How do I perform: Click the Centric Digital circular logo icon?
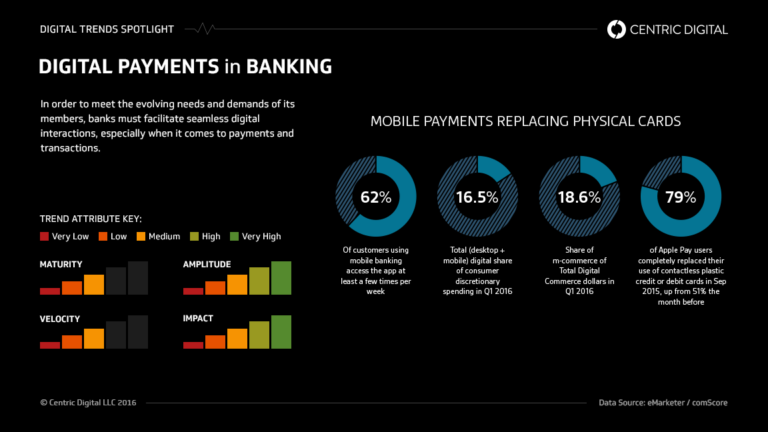tap(617, 29)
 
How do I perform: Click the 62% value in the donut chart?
tap(376, 197)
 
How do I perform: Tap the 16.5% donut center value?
tap(477, 197)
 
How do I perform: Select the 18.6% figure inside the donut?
tap(579, 197)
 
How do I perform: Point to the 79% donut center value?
tap(681, 197)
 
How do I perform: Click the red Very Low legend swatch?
tap(45, 236)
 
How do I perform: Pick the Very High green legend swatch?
tap(234, 236)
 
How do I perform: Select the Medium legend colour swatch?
tap(141, 236)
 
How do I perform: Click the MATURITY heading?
tap(61, 265)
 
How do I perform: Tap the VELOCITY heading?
tap(60, 319)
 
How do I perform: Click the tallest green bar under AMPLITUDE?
tap(281, 278)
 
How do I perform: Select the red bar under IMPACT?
tap(193, 345)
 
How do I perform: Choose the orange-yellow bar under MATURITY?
tap(94, 285)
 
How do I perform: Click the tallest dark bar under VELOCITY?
tap(138, 332)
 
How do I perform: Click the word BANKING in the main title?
tap(289, 67)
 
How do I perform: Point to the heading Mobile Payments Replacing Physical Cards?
tap(525, 121)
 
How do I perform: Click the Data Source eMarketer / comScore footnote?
tap(663, 403)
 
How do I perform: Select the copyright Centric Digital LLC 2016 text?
tap(88, 403)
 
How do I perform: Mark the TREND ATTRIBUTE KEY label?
tap(91, 219)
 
